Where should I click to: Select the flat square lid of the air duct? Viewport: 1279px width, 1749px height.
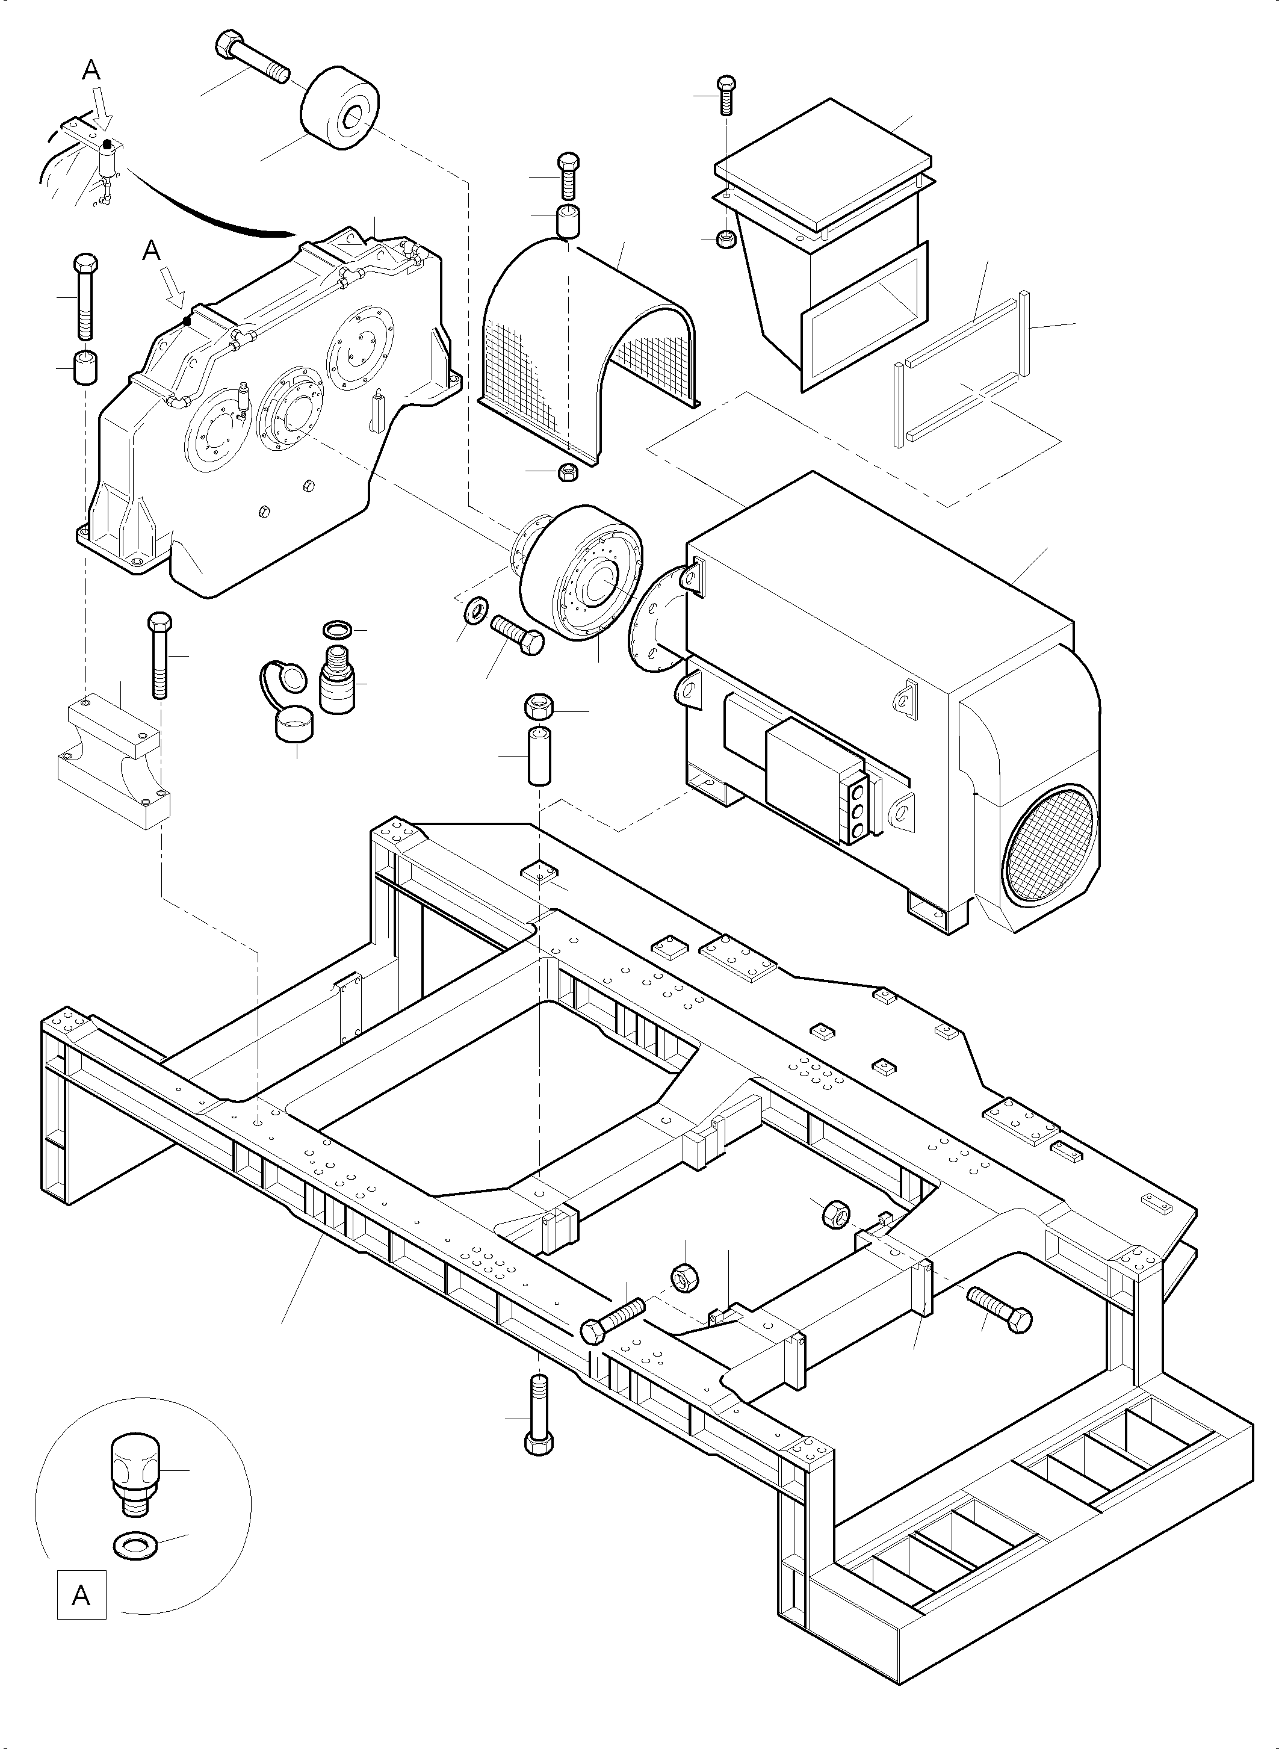[824, 166]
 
